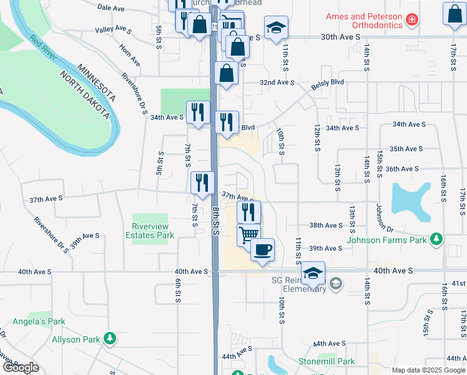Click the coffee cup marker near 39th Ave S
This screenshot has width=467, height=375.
(262, 249)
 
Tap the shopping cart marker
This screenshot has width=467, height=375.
(248, 235)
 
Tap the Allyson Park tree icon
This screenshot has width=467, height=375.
(110, 339)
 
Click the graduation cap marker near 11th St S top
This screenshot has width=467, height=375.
(276, 27)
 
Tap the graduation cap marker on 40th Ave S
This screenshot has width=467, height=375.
(313, 272)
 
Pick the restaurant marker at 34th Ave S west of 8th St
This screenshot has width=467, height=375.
(199, 112)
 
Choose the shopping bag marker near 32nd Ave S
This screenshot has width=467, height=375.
(226, 73)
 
